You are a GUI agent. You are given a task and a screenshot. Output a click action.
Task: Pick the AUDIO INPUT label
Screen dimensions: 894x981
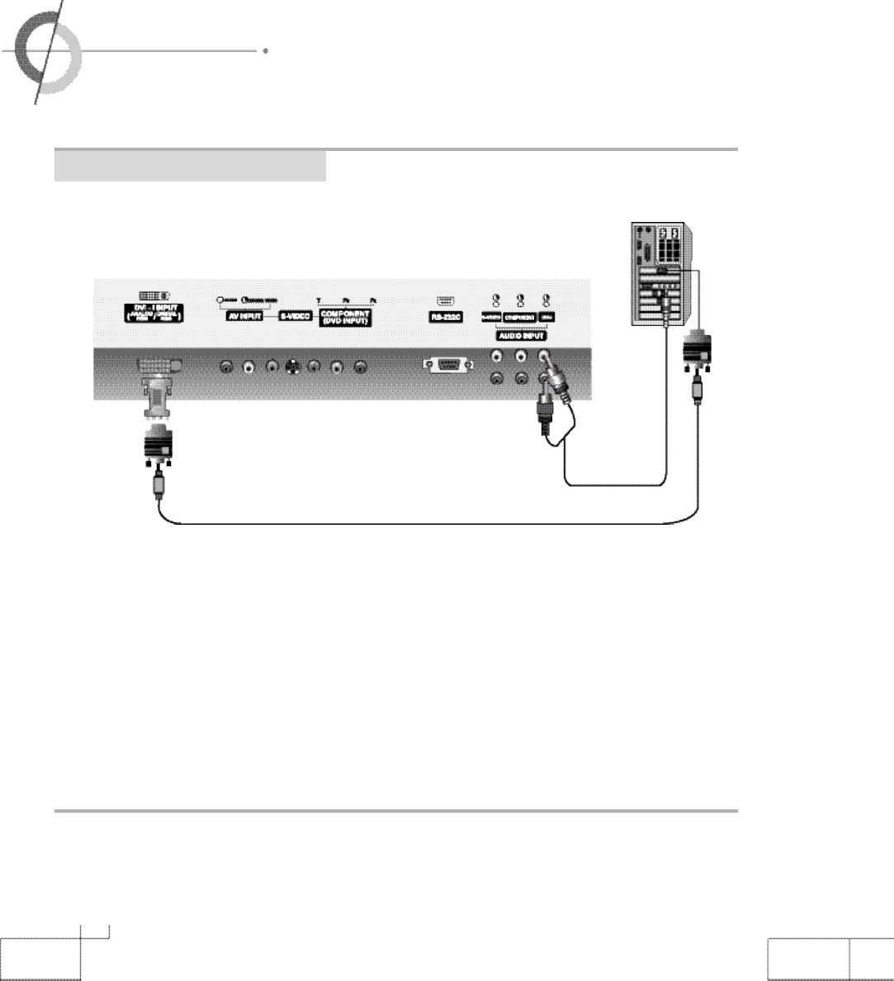[x=520, y=336]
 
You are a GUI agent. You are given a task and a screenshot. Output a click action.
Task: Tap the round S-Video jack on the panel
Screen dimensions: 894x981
[x=291, y=368]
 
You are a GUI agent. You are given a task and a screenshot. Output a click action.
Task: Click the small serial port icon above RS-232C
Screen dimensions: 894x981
[x=444, y=301]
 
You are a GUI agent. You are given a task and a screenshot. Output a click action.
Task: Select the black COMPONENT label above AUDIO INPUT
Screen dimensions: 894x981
[x=520, y=317]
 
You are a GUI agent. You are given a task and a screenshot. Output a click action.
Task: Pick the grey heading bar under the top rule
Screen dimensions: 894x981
[x=190, y=167]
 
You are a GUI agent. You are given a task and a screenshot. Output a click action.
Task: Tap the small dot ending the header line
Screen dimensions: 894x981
[x=265, y=51]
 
